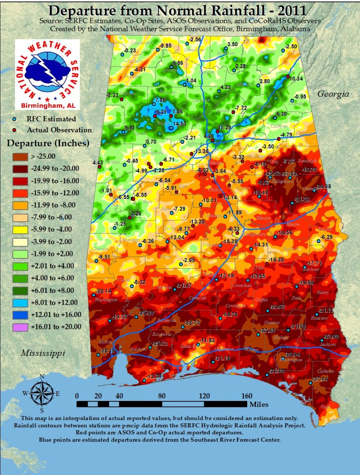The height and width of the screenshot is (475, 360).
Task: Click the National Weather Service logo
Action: [47, 74]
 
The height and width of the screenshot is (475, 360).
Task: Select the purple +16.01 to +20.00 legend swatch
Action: [22, 327]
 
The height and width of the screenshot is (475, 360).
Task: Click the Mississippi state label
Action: [43, 353]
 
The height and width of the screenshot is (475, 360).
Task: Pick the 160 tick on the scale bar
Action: [246, 395]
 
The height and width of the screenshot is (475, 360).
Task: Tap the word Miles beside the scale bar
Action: [259, 404]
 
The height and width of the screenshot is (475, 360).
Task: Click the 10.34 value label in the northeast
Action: [296, 79]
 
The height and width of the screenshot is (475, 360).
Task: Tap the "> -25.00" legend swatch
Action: [22, 156]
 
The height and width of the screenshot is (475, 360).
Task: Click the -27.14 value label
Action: [320, 379]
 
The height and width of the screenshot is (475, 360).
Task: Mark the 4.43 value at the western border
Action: [97, 163]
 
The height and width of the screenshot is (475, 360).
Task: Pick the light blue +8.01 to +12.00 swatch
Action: [22, 302]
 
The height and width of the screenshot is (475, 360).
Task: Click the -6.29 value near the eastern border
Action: [327, 237]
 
